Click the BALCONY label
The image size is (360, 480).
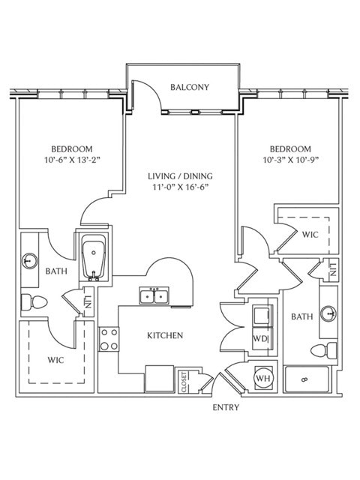click(x=190, y=87)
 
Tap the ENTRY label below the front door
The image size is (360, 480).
click(x=226, y=407)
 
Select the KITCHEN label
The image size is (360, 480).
click(x=165, y=335)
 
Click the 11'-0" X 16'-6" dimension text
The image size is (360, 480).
click(x=181, y=187)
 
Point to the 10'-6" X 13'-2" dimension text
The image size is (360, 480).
click(x=72, y=160)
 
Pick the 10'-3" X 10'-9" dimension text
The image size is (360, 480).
click(x=291, y=160)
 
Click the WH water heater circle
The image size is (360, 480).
click(x=263, y=378)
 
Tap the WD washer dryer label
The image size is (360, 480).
click(x=259, y=339)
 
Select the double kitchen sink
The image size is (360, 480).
click(x=154, y=295)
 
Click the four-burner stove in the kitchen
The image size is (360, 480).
click(x=109, y=339)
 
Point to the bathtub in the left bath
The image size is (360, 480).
click(x=94, y=258)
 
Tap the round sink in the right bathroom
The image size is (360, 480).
click(x=328, y=313)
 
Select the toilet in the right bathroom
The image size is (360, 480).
click(x=324, y=350)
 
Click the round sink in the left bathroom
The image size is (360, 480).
click(x=29, y=261)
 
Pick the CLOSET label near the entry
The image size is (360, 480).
click(x=184, y=382)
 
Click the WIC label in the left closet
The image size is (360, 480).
click(x=55, y=360)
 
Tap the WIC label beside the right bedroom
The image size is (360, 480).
click(x=310, y=235)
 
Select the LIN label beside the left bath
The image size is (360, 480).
click(x=88, y=301)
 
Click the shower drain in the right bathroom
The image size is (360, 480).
click(x=304, y=379)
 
